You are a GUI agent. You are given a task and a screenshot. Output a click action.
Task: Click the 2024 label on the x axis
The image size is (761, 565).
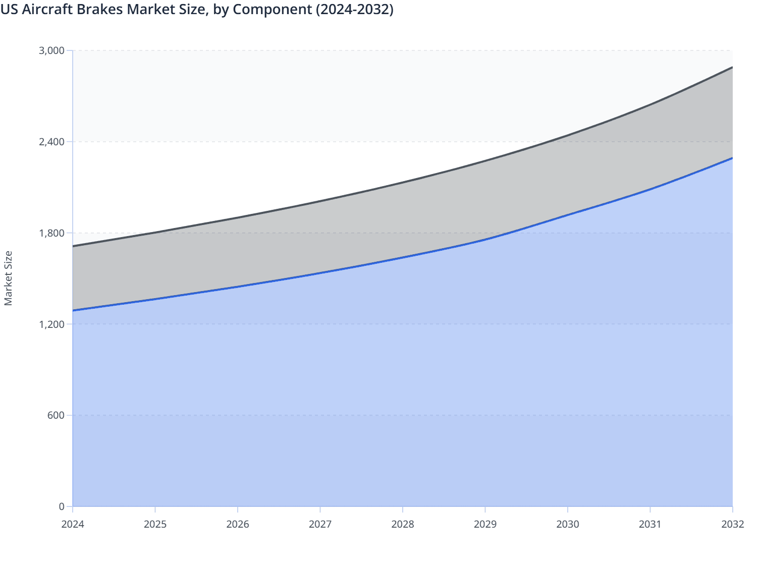(73, 524)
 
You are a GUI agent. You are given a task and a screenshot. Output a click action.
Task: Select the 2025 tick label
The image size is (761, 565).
(155, 524)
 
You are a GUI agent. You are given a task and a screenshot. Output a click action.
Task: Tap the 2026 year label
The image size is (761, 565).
(238, 524)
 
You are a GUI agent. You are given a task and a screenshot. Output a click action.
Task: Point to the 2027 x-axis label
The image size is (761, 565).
(320, 524)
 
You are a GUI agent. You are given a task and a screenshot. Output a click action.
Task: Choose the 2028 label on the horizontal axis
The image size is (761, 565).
(403, 524)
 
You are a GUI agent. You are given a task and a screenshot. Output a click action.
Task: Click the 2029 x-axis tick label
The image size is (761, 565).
(485, 524)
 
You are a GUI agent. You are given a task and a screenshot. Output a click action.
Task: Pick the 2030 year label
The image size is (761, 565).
(568, 524)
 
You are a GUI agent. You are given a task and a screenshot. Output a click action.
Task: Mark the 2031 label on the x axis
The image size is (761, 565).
(650, 524)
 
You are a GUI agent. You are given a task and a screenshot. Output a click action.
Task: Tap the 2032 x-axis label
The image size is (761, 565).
(733, 524)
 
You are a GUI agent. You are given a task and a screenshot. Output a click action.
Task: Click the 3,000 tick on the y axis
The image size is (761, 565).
(51, 50)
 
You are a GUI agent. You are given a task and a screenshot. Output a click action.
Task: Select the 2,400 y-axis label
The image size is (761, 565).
(51, 142)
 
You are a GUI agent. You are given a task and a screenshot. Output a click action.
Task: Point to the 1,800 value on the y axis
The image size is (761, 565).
(51, 233)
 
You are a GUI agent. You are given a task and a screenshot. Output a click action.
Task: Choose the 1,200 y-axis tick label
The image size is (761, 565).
(51, 324)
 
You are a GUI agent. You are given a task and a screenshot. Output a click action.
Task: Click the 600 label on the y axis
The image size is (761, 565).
(56, 415)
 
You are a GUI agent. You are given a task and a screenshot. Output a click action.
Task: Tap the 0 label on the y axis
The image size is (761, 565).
(62, 506)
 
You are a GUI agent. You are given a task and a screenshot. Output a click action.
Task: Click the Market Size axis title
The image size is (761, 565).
(8, 278)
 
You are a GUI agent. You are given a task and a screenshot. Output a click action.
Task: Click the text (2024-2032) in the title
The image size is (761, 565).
(354, 9)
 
